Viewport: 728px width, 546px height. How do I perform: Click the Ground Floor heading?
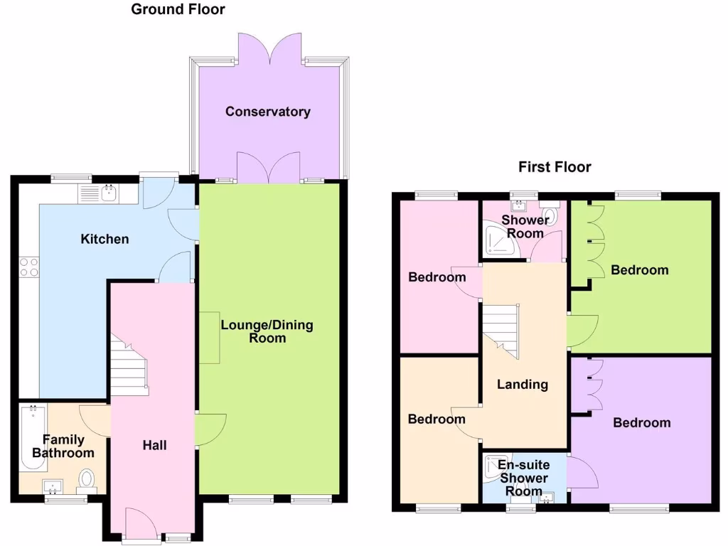coord(178,9)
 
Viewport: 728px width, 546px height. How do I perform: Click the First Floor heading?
coord(555,167)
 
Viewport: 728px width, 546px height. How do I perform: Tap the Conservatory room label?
coord(268,112)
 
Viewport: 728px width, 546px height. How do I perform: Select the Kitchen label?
coord(105,239)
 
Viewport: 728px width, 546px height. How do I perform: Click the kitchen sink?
coord(109,192)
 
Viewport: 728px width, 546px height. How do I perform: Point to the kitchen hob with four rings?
coord(29,266)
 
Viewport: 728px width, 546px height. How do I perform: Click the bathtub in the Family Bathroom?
coord(33,438)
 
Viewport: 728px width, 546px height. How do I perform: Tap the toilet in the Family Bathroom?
coord(87,480)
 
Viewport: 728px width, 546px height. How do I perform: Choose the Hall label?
coord(154,445)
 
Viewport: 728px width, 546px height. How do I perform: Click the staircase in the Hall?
coord(129,366)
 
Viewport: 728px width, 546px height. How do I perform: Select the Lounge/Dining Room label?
coord(267,331)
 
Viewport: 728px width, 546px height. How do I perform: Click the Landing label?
coord(523,385)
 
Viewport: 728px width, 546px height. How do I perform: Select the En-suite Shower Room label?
coord(523,477)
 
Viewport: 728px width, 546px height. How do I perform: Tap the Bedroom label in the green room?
coord(640,270)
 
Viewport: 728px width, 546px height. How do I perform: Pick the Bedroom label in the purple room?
coord(641,423)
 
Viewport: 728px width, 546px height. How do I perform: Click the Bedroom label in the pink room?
coord(437,277)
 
